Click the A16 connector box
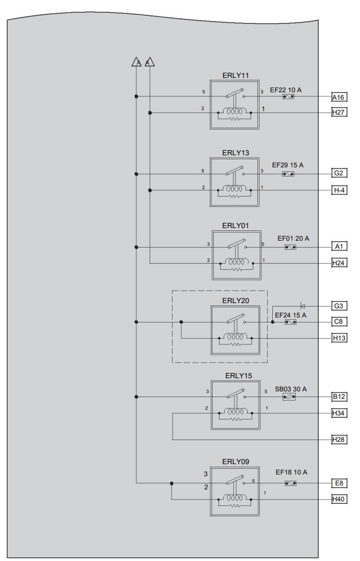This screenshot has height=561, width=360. [x=339, y=97]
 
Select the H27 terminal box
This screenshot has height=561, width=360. [x=339, y=112]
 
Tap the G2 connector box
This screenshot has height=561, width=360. [x=339, y=173]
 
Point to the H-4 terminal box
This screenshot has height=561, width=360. [x=339, y=190]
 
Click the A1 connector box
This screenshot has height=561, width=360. [x=339, y=246]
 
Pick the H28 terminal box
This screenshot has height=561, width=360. [x=339, y=440]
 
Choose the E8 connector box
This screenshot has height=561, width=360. [x=339, y=484]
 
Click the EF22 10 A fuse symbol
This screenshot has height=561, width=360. [x=288, y=97]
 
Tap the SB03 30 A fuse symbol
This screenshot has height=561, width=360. [x=289, y=397]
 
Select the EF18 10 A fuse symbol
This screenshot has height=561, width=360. [x=290, y=484]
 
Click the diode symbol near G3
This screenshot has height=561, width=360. [x=302, y=306]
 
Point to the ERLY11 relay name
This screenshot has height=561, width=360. [x=236, y=76]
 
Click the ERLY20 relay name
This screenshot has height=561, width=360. [x=236, y=300]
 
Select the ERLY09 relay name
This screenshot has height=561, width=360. [x=236, y=461]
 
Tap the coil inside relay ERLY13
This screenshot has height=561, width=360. [x=234, y=188]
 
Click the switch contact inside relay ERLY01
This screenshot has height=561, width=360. [x=237, y=244]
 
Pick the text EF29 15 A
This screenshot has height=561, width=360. [x=288, y=165]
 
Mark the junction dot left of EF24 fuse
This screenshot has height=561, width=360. [x=273, y=322]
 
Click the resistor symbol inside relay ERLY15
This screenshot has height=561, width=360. [x=235, y=419]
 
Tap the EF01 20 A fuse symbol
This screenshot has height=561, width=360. [x=290, y=247]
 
